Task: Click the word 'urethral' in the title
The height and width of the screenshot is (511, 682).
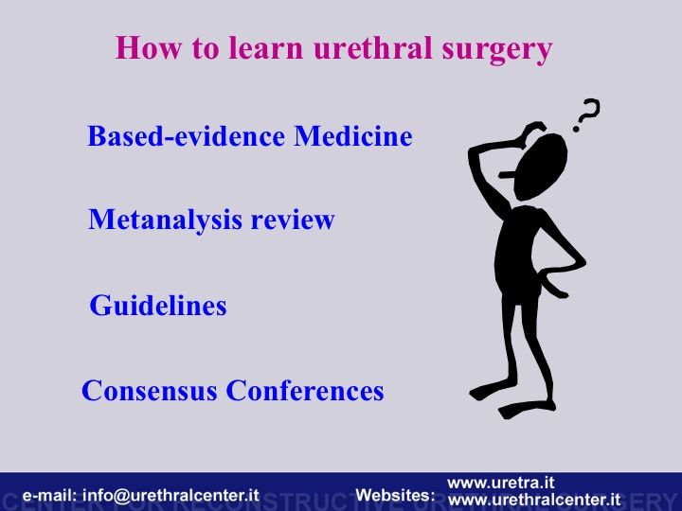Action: [373, 47]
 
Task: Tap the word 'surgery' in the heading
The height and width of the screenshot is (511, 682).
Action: [497, 51]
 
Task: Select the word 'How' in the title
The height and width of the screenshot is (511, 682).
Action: [149, 47]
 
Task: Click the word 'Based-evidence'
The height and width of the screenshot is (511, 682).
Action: [187, 135]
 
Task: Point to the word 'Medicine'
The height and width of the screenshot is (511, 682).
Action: [353, 135]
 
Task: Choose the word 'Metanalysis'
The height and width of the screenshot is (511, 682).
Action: [165, 220]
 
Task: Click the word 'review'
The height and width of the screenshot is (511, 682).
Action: [293, 220]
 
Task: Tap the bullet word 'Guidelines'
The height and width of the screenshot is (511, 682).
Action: [158, 305]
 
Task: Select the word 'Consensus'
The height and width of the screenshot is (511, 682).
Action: [150, 390]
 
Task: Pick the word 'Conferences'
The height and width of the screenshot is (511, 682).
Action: [305, 390]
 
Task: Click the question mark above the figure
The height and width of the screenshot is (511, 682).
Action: [586, 115]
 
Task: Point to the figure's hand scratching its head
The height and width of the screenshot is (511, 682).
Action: [533, 130]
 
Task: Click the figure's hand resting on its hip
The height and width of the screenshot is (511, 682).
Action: [551, 284]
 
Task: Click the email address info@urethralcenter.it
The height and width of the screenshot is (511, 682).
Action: [170, 495]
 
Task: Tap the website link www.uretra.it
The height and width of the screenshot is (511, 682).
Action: [501, 483]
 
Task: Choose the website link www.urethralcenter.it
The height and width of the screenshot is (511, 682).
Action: [534, 500]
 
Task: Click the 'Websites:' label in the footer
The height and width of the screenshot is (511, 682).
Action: [395, 495]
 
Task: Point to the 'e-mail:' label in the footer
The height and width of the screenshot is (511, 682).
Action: [49, 495]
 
